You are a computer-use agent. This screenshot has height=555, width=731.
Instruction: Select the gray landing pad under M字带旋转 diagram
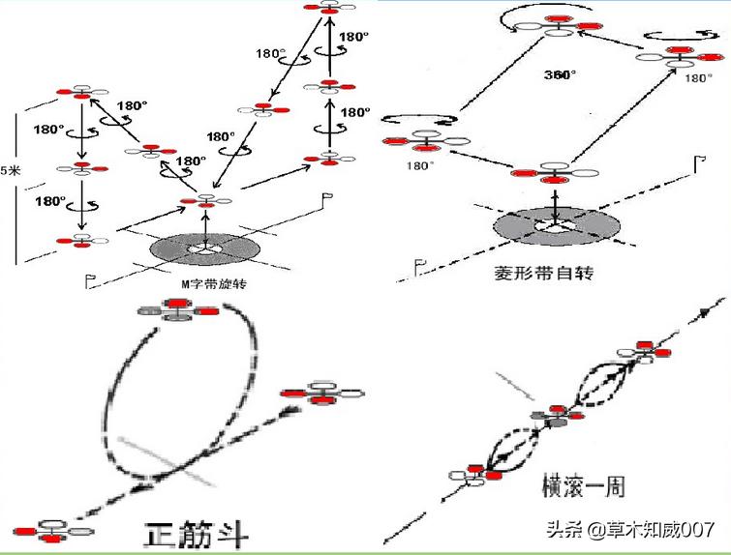pyautogui.click(x=204, y=248)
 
